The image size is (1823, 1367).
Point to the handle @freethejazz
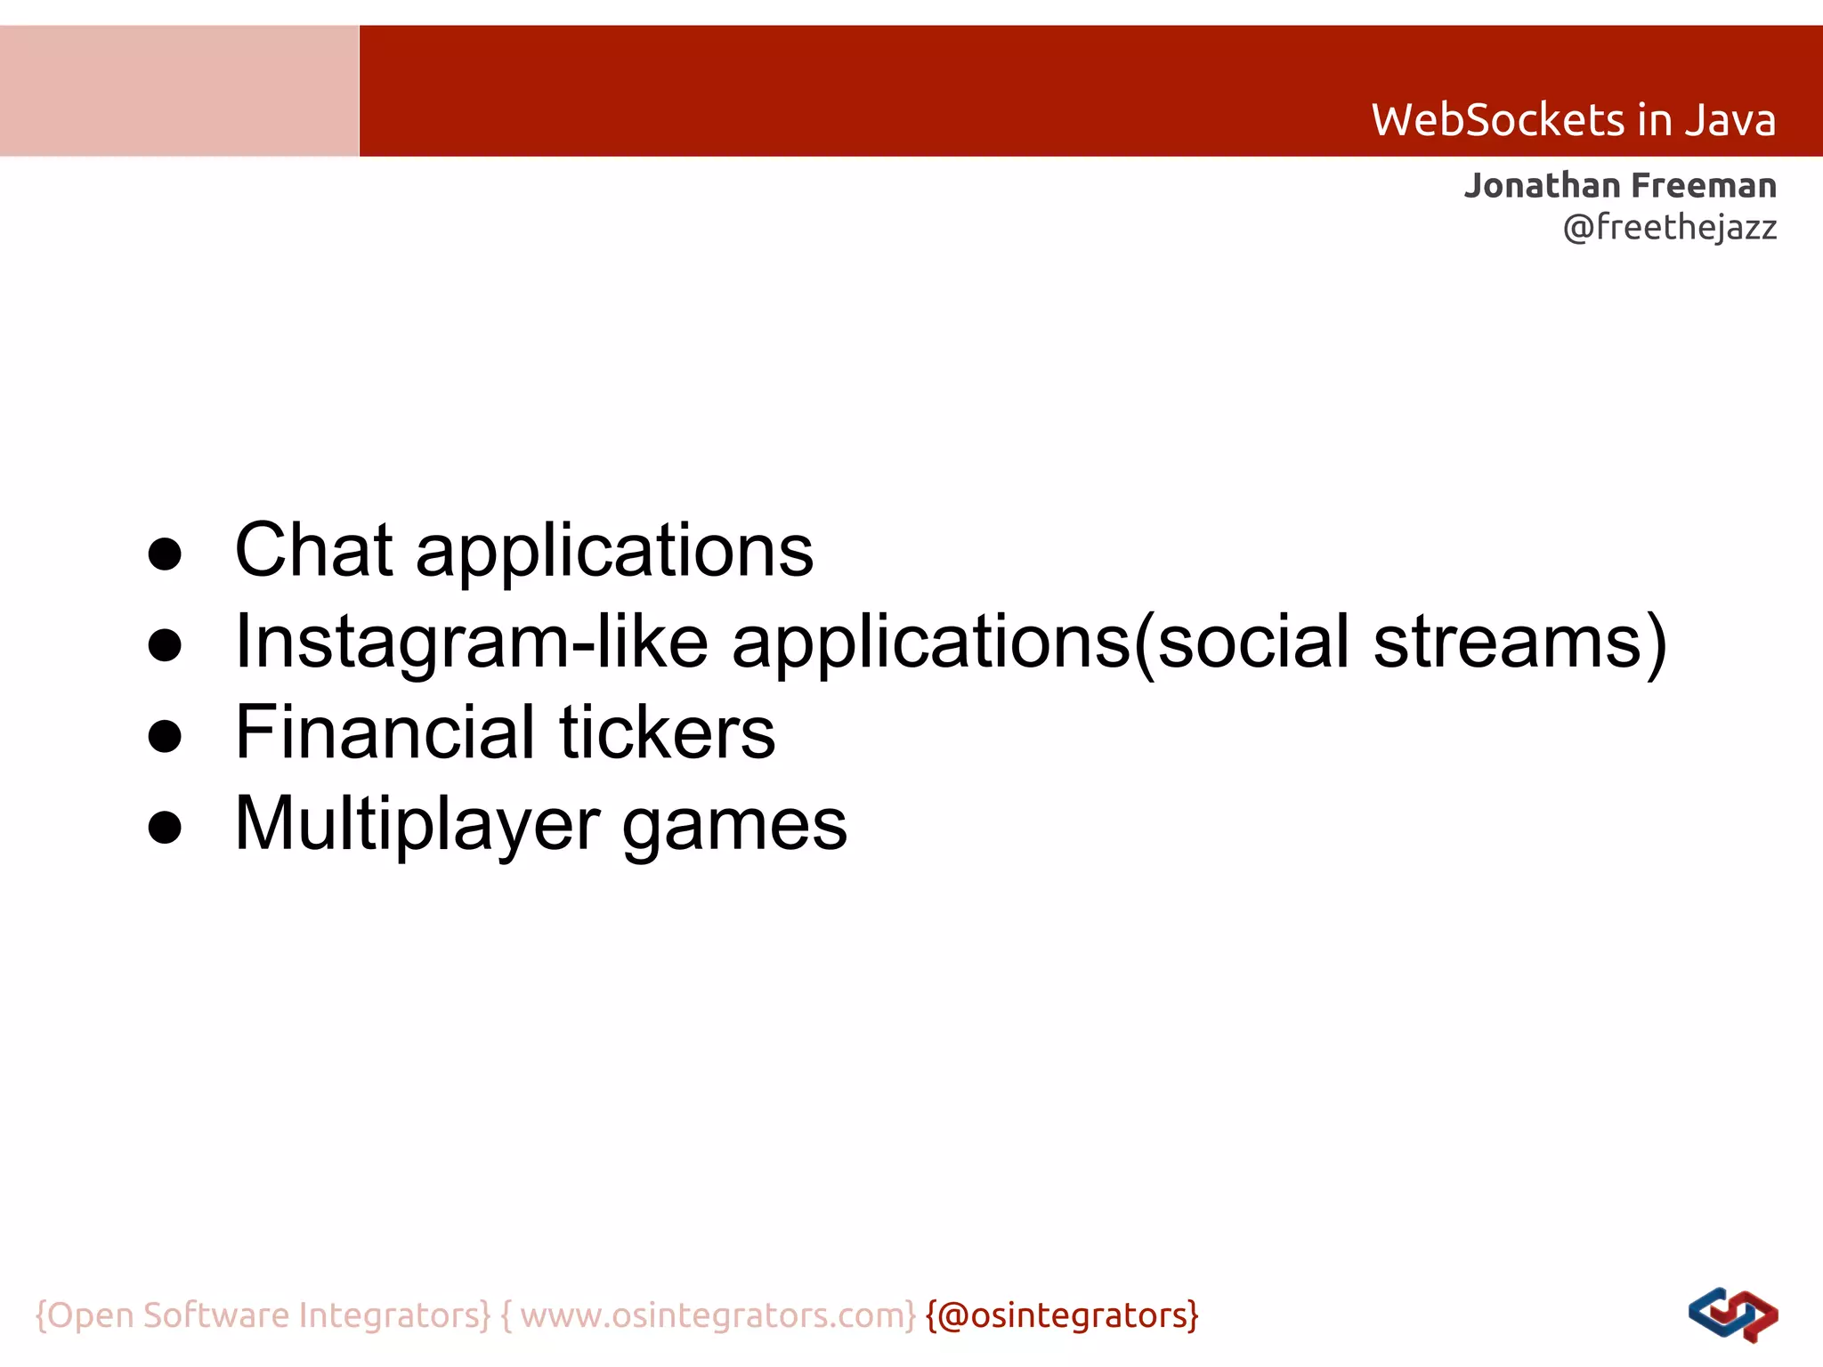coord(1669,228)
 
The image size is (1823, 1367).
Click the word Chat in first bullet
coord(313,550)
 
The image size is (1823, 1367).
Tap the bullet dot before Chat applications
coord(165,554)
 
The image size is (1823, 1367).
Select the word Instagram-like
coord(471,642)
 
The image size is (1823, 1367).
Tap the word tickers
coord(667,732)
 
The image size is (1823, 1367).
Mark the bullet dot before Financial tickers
coord(165,737)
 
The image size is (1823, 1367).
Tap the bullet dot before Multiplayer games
coord(165,828)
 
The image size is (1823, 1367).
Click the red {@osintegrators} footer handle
coord(1062,1315)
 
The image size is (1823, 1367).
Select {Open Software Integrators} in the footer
coord(263,1315)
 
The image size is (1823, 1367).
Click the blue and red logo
coord(1732,1315)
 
